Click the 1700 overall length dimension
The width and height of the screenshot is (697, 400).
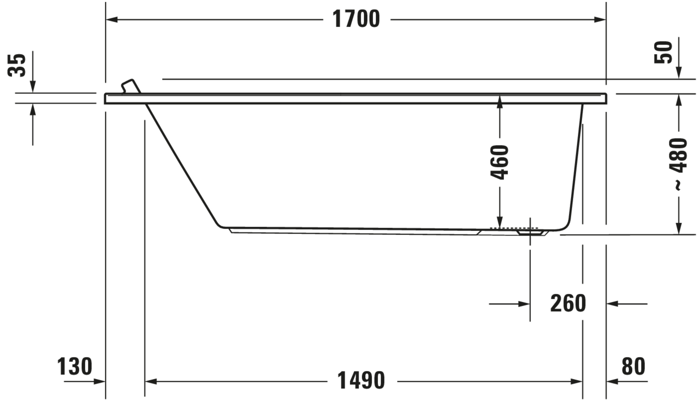[x=356, y=19]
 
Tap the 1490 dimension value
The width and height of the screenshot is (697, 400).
[x=361, y=381]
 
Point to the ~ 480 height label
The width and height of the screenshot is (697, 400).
[x=679, y=164]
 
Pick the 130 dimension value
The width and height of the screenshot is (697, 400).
[x=75, y=367]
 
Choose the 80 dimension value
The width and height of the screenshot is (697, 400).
[x=633, y=367]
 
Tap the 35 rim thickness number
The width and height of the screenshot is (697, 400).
[x=17, y=65]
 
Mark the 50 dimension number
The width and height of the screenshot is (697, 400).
[x=663, y=52]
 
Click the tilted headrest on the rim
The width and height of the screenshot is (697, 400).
[x=131, y=86]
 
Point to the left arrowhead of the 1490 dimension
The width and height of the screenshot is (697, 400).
[x=151, y=382]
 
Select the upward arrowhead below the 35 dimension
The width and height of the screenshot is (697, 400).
[x=33, y=110]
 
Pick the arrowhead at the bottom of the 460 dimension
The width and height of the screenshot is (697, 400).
[x=500, y=222]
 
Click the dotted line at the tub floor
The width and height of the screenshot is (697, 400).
[x=514, y=228]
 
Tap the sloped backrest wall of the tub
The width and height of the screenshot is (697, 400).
[x=181, y=165]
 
